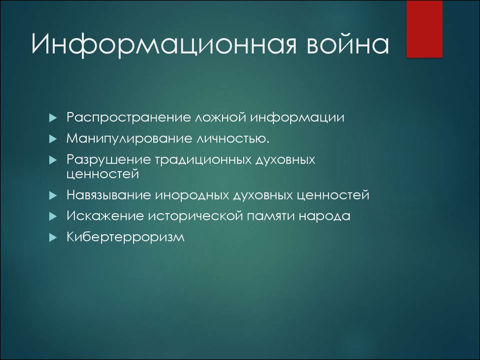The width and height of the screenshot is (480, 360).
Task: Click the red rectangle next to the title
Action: [425, 29]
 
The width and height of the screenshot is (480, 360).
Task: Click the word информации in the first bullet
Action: [297, 118]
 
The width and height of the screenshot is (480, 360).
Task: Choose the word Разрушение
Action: [109, 160]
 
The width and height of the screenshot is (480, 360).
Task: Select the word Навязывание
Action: [109, 195]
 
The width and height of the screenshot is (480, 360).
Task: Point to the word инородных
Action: [192, 195]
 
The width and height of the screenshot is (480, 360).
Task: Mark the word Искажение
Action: [105, 216]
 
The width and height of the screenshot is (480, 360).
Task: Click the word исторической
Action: [195, 216]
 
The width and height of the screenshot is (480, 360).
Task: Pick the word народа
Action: [324, 216]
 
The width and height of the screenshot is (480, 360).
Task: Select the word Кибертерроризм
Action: [126, 237]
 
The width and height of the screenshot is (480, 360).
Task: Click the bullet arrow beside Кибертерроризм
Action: [53, 238]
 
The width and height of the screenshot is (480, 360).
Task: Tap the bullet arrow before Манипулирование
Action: [53, 139]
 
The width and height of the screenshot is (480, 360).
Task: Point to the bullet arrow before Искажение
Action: [53, 217]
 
